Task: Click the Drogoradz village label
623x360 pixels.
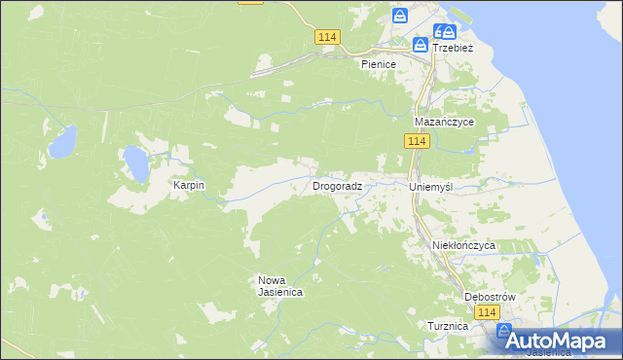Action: tap(338, 185)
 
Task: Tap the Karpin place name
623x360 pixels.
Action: tap(189, 185)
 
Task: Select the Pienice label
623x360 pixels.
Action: tap(378, 64)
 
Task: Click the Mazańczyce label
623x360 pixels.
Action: tap(444, 122)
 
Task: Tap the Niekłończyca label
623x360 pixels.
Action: tap(463, 246)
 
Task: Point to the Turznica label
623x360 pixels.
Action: tap(448, 327)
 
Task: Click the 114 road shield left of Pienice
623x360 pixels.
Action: tap(327, 36)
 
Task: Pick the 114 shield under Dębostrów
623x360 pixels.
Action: tap(488, 312)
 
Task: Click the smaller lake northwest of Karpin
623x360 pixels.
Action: tap(62, 144)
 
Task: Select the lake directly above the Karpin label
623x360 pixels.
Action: tap(134, 162)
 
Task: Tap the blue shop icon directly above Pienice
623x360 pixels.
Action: tap(399, 16)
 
